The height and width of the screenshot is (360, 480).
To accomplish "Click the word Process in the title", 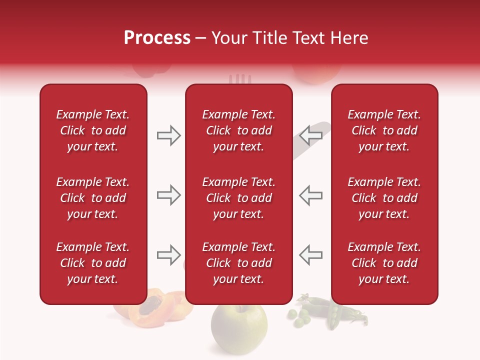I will [157, 38].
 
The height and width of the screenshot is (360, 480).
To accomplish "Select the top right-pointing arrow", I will [168, 135].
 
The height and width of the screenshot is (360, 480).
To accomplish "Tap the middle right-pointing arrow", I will [168, 195].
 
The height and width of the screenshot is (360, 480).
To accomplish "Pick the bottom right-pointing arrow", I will [168, 255].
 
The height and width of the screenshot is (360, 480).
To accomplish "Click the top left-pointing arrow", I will [311, 135].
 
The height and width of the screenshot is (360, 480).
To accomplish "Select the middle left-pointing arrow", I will [311, 195].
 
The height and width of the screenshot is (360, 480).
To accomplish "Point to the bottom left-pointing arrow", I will [311, 255].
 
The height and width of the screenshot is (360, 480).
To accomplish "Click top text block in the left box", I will [93, 130].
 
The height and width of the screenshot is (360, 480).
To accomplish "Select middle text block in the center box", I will [238, 198].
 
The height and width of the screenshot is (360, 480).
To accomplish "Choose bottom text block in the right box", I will [384, 263].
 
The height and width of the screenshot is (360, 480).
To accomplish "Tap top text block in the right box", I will [384, 130].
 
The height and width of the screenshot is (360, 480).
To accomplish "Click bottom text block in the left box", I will [93, 263].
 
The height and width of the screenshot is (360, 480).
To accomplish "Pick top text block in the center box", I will [238, 130].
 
